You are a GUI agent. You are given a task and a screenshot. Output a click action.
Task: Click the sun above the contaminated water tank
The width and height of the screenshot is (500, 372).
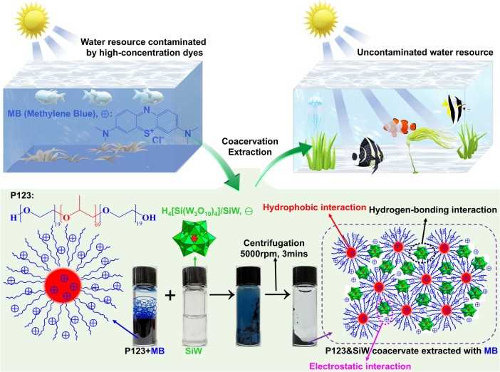tap(32, 19)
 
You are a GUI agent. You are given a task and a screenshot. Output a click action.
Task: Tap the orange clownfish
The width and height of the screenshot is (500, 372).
tap(400, 126)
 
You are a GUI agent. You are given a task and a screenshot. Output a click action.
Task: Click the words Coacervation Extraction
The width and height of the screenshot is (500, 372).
tap(250, 146)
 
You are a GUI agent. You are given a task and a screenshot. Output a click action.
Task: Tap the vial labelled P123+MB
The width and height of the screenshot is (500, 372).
tap(145, 306)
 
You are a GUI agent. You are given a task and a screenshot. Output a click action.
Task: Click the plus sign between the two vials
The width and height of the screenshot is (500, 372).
tap(170, 296)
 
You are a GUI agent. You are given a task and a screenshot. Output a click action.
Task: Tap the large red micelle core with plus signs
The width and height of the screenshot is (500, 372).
tap(63, 285)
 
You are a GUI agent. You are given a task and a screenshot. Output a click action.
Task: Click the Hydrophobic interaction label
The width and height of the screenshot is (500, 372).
tap(314, 207)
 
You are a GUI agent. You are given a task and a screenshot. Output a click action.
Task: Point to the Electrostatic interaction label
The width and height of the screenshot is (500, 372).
tap(360, 366)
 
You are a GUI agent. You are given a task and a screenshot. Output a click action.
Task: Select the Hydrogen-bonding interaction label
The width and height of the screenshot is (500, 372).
tap(433, 210)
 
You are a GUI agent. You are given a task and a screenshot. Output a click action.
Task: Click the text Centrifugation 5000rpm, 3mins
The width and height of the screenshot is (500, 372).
tap(274, 248)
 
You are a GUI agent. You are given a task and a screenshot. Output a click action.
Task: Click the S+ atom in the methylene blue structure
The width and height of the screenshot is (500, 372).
tap(149, 132)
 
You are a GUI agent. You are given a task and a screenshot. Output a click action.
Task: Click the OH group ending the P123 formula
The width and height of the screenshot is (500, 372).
tap(149, 218)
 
